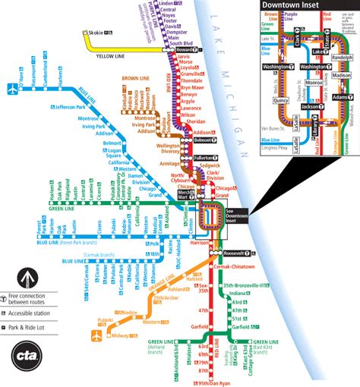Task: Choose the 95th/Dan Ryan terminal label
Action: click(x=214, y=382)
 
